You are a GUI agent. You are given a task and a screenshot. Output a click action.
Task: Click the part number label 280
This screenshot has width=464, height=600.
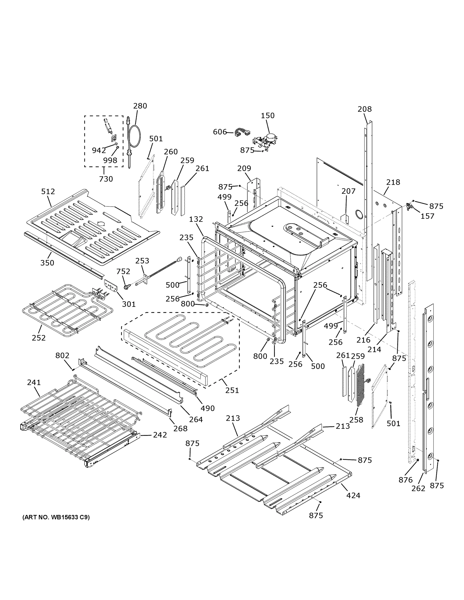click(140, 106)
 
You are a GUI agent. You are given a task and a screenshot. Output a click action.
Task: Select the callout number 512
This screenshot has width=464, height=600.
click(48, 191)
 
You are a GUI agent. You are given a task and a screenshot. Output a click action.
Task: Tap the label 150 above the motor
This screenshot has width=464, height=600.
click(267, 115)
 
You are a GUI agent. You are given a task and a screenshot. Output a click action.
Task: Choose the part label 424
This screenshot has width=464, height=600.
click(353, 495)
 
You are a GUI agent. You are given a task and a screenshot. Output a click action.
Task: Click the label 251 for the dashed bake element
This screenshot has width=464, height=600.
click(232, 390)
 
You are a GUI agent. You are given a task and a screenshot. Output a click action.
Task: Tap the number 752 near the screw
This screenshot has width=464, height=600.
click(123, 271)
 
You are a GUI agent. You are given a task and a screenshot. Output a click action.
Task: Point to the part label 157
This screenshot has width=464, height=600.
click(427, 216)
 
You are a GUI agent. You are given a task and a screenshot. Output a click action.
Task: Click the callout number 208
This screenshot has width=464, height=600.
click(364, 109)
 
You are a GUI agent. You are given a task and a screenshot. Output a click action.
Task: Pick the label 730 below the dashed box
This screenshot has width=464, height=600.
click(106, 179)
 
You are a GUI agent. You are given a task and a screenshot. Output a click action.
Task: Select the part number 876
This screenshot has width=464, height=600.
click(405, 480)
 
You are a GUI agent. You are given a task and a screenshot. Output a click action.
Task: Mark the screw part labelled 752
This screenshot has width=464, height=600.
click(127, 286)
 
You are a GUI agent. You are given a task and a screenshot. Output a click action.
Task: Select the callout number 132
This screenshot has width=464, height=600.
click(196, 219)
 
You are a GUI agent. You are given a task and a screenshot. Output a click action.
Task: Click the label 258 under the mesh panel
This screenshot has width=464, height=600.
click(356, 420)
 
